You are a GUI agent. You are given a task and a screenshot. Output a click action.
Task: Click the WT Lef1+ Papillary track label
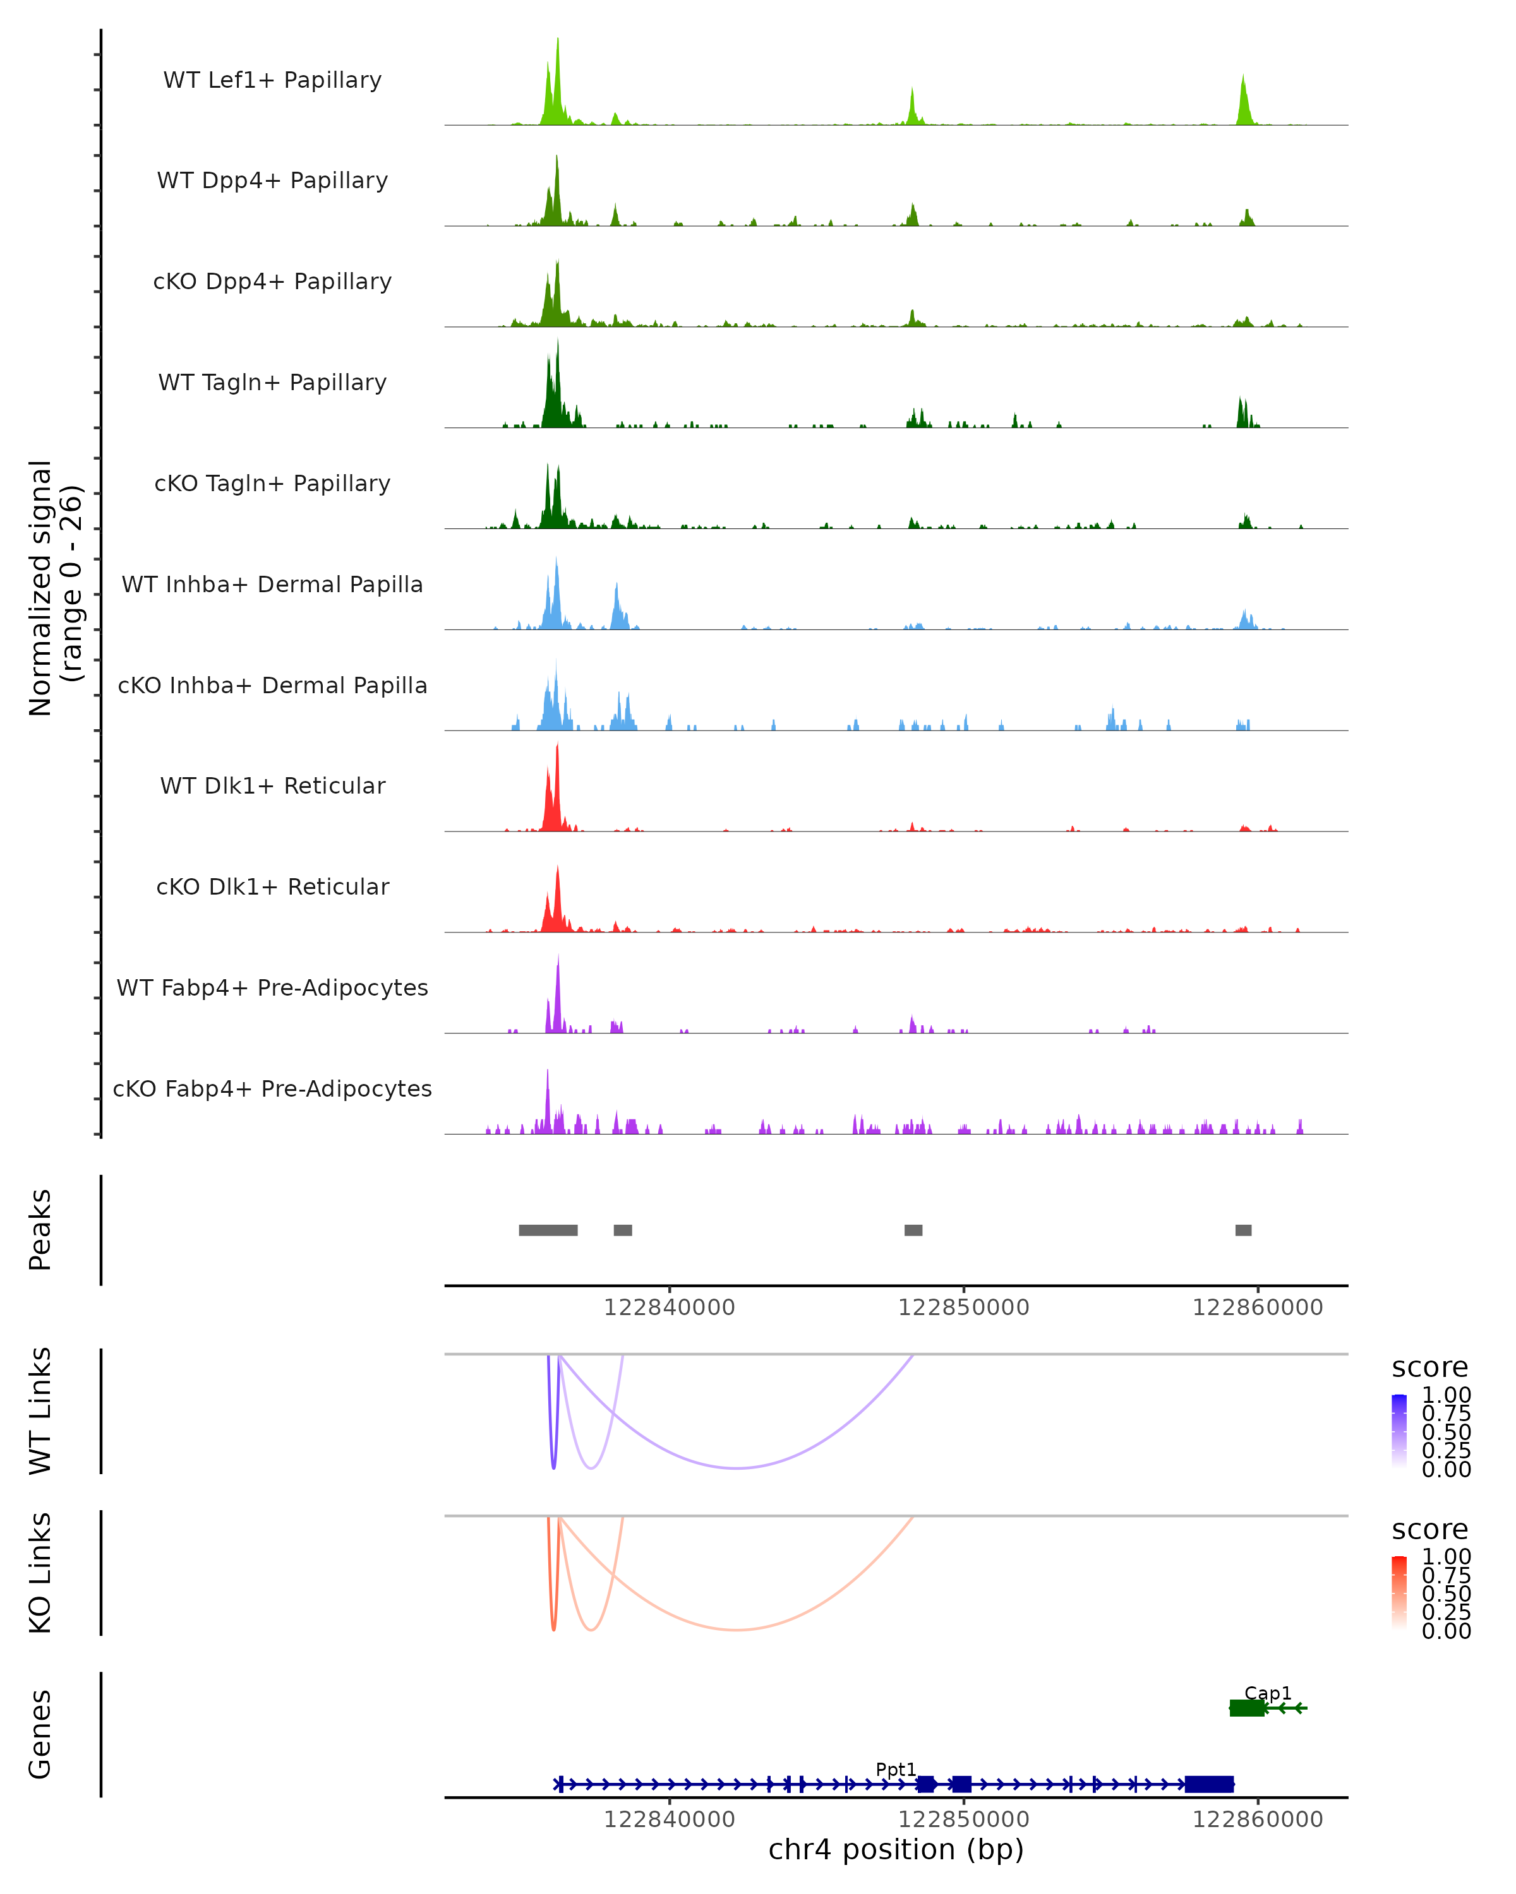(x=272, y=80)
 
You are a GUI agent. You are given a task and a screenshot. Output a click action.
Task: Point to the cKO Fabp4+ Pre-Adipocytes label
(x=272, y=1088)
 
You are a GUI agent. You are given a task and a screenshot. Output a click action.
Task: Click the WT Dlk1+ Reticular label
(x=272, y=785)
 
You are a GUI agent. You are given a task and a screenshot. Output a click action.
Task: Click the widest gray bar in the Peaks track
(x=548, y=1230)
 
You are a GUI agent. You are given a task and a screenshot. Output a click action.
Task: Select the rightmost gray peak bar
(x=1242, y=1230)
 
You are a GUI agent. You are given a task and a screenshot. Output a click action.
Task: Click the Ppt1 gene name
(x=896, y=1769)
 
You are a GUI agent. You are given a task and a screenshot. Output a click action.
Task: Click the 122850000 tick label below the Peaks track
(x=963, y=1307)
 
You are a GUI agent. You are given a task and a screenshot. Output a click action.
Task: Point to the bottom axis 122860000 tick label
(x=1257, y=1820)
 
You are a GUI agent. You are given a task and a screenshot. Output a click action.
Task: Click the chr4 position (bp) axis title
(x=896, y=1850)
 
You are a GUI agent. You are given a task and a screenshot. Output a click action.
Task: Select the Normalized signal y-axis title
(x=54, y=588)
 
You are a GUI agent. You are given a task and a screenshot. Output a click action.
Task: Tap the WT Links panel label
(x=40, y=1411)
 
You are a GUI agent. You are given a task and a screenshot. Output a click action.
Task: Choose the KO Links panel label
(x=40, y=1573)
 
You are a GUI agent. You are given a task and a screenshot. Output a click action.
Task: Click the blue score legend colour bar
(x=1399, y=1431)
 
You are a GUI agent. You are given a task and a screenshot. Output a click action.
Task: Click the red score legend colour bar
(x=1399, y=1593)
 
